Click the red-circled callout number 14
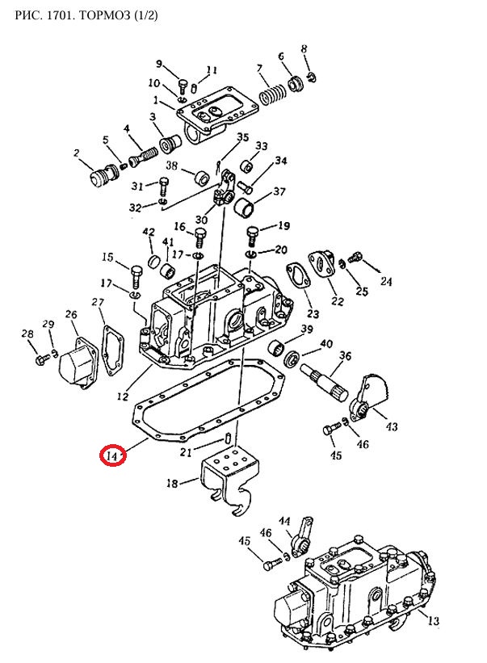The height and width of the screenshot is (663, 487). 111,456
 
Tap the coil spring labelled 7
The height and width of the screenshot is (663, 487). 273,94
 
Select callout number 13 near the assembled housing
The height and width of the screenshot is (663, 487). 434,620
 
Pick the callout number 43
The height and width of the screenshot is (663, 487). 392,426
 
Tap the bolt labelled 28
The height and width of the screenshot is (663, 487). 42,360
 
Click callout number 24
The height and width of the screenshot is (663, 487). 386,281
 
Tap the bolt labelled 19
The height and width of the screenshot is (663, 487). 252,235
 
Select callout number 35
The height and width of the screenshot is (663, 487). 242,137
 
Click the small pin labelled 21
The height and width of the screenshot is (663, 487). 228,438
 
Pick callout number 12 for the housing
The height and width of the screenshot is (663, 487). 123,396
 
